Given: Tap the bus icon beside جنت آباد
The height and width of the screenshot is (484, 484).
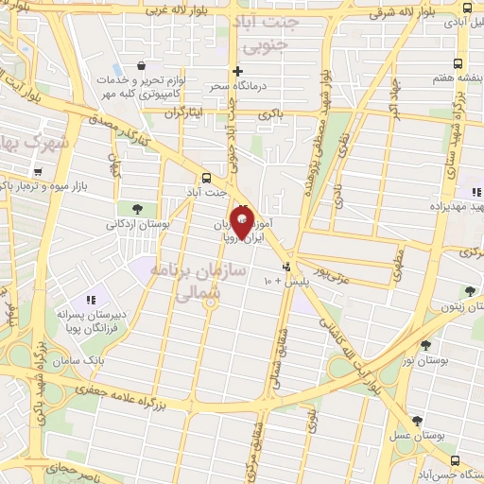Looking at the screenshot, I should pos(207,177).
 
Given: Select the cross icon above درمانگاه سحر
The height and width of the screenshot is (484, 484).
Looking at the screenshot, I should pos(238,71).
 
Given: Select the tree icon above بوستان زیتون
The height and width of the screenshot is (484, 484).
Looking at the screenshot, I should pos(469,291).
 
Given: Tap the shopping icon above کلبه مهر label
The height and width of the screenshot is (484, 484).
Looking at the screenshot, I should pos(141,65).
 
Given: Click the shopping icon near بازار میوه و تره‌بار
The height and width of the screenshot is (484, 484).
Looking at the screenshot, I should pos(38,172).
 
